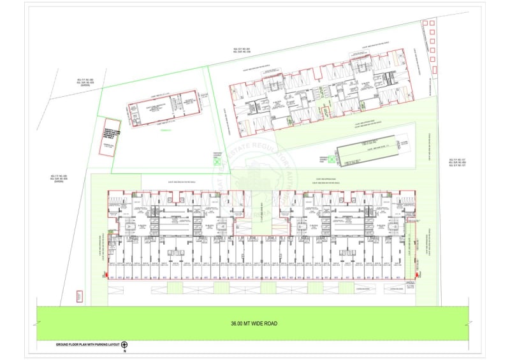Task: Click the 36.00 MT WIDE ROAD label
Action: [x=254, y=324]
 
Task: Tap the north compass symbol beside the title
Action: [x=124, y=345]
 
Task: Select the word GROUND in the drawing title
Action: [x=62, y=345]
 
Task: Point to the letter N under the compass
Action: [x=125, y=351]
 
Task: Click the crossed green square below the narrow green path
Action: [x=215, y=162]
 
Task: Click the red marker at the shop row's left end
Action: [x=105, y=275]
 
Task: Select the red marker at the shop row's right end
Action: [x=416, y=275]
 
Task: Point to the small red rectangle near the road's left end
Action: [x=79, y=296]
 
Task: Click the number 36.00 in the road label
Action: [x=238, y=324]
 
